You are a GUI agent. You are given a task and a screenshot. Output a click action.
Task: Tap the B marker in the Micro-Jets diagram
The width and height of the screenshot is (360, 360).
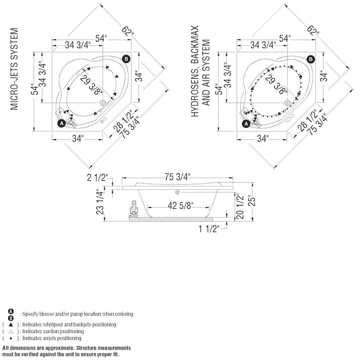pos(126,59)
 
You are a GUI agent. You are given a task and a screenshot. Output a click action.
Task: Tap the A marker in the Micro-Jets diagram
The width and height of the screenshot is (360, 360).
pos(62,123)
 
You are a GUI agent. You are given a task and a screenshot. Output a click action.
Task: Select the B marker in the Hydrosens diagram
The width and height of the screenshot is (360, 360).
pos(311,59)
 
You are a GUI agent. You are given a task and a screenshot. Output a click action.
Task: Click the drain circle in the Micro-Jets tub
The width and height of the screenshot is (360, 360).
pos(103,103)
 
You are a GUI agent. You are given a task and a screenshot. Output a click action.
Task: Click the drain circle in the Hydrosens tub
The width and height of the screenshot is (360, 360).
pos(288,103)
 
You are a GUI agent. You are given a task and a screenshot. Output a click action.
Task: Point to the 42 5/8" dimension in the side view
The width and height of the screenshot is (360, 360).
pos(179,206)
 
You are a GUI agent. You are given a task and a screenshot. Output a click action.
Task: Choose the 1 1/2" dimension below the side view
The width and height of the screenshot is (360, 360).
pos(209,229)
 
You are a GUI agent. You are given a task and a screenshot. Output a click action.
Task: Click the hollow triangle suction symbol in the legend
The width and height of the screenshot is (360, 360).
pos(11,331)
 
